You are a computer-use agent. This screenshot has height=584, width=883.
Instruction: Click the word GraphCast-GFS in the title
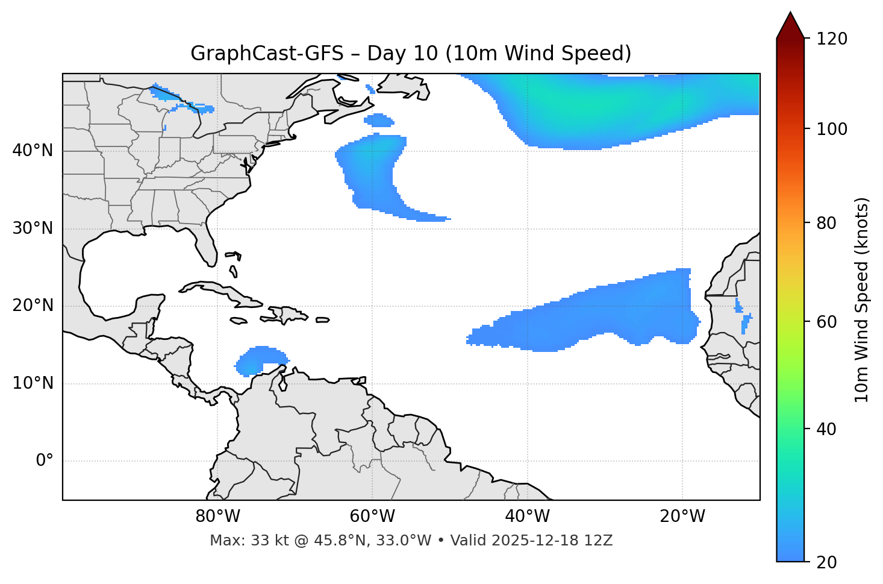pos(266,54)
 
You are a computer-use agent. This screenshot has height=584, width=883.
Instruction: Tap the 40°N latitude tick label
pos(33,150)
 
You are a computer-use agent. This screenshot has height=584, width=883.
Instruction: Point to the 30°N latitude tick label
pos(33,228)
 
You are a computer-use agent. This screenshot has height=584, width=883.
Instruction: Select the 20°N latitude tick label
pos(33,306)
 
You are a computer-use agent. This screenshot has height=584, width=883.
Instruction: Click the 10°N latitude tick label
pos(33,383)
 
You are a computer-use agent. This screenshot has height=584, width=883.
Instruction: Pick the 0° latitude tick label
pos(45,460)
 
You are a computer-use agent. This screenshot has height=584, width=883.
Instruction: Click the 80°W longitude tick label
pos(217,516)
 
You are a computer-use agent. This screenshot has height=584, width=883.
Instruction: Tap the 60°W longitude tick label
pos(372,516)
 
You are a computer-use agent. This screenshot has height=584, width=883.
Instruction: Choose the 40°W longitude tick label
pos(527,516)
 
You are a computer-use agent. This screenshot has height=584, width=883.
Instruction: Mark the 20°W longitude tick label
pos(682,516)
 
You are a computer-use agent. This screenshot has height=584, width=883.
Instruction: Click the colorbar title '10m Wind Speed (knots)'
pos(862,300)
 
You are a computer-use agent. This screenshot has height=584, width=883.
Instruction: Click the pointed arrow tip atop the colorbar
pos(790,13)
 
